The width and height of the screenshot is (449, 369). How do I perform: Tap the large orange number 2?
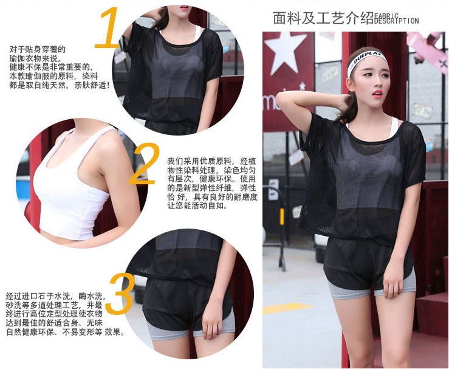[144, 164]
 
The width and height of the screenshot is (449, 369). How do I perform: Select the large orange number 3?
[120, 294]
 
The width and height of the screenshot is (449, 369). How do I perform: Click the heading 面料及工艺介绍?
[323, 18]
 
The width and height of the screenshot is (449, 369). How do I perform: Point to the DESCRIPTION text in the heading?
[397, 21]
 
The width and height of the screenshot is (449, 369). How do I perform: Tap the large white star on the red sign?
[285, 53]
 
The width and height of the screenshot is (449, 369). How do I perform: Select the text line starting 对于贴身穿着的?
[38, 50]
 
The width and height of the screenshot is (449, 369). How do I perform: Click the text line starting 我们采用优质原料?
[211, 161]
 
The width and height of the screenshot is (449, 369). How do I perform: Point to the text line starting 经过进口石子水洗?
[56, 295]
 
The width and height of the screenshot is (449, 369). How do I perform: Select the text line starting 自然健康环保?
[65, 332]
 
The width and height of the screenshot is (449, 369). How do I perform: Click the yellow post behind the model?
[282, 216]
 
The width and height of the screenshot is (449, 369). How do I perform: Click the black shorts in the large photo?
[369, 264]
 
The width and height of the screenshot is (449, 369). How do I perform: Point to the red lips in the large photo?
[377, 94]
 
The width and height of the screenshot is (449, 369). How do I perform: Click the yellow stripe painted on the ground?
[287, 308]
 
